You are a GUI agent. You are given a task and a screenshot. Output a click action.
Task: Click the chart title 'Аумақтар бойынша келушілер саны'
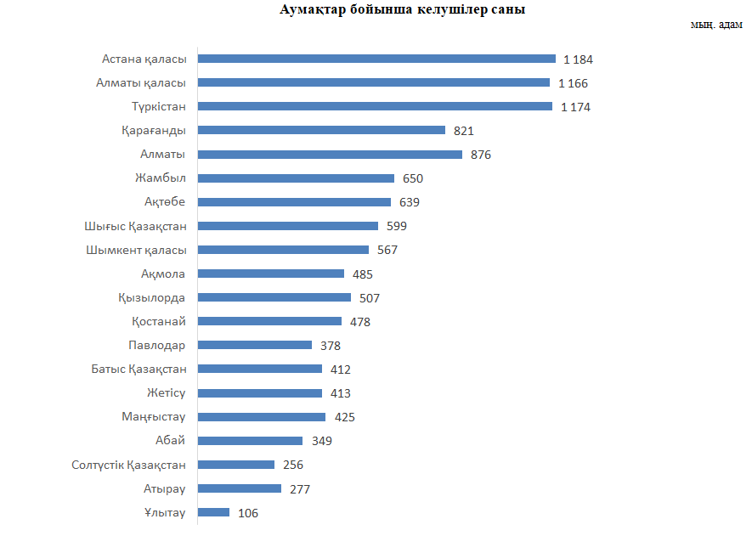[x=402, y=10]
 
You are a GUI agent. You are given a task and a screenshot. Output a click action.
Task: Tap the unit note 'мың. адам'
[x=716, y=24]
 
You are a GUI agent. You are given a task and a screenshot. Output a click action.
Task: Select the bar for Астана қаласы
[x=376, y=59]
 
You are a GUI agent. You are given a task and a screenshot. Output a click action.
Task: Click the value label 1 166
[x=573, y=83]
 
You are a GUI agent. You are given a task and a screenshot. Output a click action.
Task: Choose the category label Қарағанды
[x=154, y=131]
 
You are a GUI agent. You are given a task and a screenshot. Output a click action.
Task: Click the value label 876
[x=481, y=155]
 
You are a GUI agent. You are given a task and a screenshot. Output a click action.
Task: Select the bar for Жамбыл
[x=296, y=178]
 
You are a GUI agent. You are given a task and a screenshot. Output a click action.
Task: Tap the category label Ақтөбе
[x=165, y=202]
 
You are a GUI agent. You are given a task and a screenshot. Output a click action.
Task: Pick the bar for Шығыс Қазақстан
[x=288, y=226]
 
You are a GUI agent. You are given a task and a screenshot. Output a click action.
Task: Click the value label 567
[x=387, y=250]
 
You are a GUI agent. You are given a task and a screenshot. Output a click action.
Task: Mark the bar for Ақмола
[x=271, y=274]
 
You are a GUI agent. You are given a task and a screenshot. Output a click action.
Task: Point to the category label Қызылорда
[x=152, y=297]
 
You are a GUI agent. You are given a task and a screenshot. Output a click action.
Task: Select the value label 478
[x=360, y=322]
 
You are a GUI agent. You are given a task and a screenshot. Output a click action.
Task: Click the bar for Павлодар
[x=255, y=345]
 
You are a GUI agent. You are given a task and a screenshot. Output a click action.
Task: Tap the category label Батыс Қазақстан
[x=139, y=369]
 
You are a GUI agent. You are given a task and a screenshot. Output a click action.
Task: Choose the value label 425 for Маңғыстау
[x=344, y=417]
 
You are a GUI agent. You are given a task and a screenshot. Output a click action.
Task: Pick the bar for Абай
[x=250, y=441]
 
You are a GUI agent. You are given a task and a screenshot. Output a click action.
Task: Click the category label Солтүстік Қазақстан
[x=129, y=465]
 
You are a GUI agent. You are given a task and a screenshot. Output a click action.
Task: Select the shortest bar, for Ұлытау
[x=213, y=512]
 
